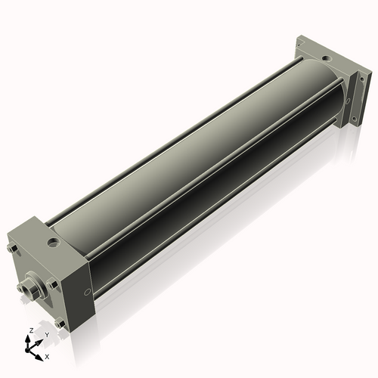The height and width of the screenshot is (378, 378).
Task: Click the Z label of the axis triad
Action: pos(29,331)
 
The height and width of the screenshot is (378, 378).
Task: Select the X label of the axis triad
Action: pos(47,355)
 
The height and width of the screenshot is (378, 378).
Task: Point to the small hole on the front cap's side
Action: pos(89,291)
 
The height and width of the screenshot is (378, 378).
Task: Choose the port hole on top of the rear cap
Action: pos(325,57)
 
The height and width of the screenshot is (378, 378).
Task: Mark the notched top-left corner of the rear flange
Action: pos(300,37)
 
